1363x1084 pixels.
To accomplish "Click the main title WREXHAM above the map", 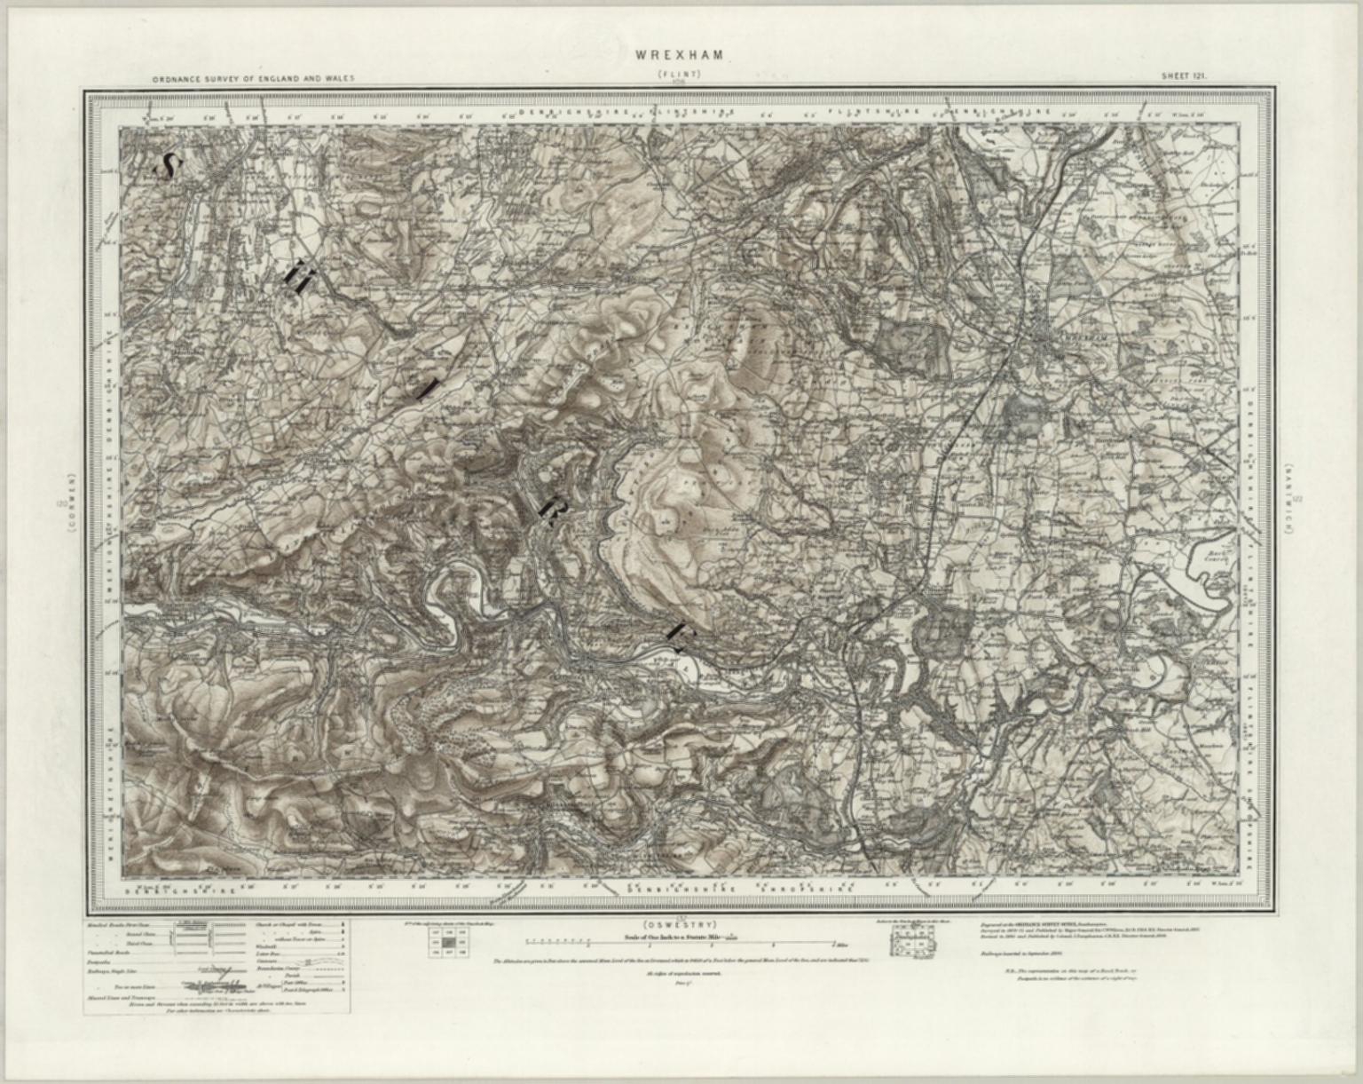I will tap(680, 55).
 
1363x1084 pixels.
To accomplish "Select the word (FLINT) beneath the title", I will tap(680, 75).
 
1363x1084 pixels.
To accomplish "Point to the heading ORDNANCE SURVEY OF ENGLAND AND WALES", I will tap(253, 78).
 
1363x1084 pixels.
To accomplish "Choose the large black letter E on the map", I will tap(679, 631).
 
